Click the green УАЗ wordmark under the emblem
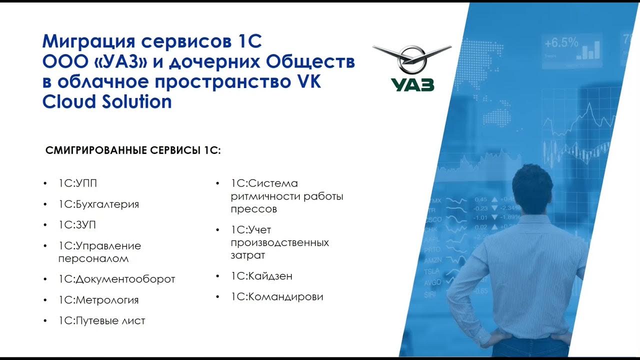coord(412,84)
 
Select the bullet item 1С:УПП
coord(77,183)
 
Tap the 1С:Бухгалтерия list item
coord(98,204)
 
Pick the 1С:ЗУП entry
coord(77,225)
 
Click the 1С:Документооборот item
coord(116,279)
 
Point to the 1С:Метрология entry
coord(98,300)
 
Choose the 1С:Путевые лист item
coord(101,320)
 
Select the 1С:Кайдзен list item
coord(261,276)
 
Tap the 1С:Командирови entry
coord(277,296)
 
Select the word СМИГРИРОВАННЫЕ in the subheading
coord(96,150)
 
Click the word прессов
coord(253,209)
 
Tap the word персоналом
coord(93,258)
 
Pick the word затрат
coord(248,255)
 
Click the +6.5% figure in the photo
coord(561,42)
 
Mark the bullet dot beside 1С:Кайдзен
coord(218,276)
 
